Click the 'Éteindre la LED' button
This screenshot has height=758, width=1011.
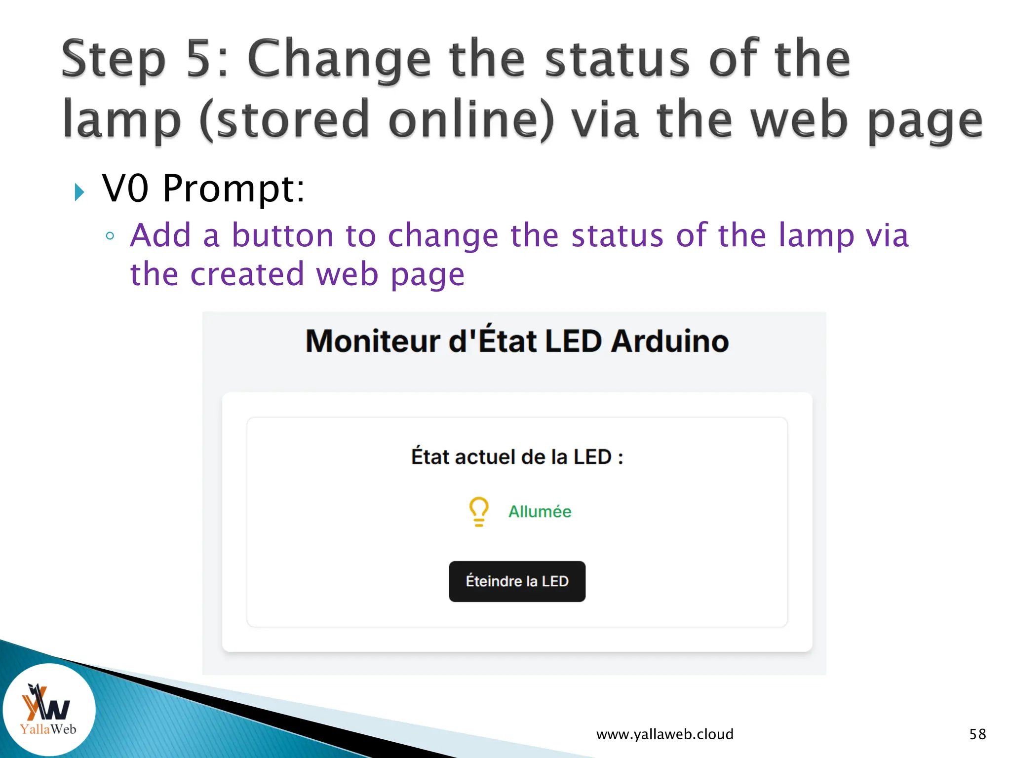click(517, 581)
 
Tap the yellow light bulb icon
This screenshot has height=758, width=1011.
click(478, 511)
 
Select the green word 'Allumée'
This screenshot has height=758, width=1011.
click(540, 512)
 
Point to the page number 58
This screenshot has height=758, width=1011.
click(977, 734)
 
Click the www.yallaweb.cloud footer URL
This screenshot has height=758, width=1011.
click(664, 734)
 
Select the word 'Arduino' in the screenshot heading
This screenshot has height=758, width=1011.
click(669, 341)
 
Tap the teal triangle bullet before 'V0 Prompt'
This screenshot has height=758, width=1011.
click(79, 192)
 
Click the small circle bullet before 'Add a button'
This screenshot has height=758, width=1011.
click(110, 236)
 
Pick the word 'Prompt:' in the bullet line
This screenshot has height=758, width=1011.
click(233, 189)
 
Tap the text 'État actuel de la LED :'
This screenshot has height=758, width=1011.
click(517, 456)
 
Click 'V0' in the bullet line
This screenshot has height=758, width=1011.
click(125, 189)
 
